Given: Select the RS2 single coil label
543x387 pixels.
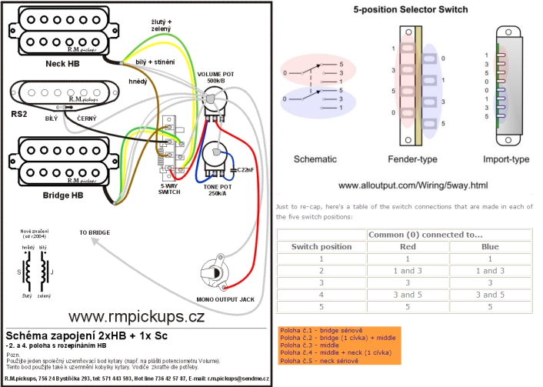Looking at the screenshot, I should tap(18, 113).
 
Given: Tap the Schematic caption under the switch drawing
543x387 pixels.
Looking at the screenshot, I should tap(316, 159).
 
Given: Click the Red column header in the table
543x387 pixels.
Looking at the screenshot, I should tap(408, 247).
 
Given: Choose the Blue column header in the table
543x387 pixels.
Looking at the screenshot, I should tap(489, 247).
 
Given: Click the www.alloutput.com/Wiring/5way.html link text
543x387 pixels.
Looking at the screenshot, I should tap(413, 185).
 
